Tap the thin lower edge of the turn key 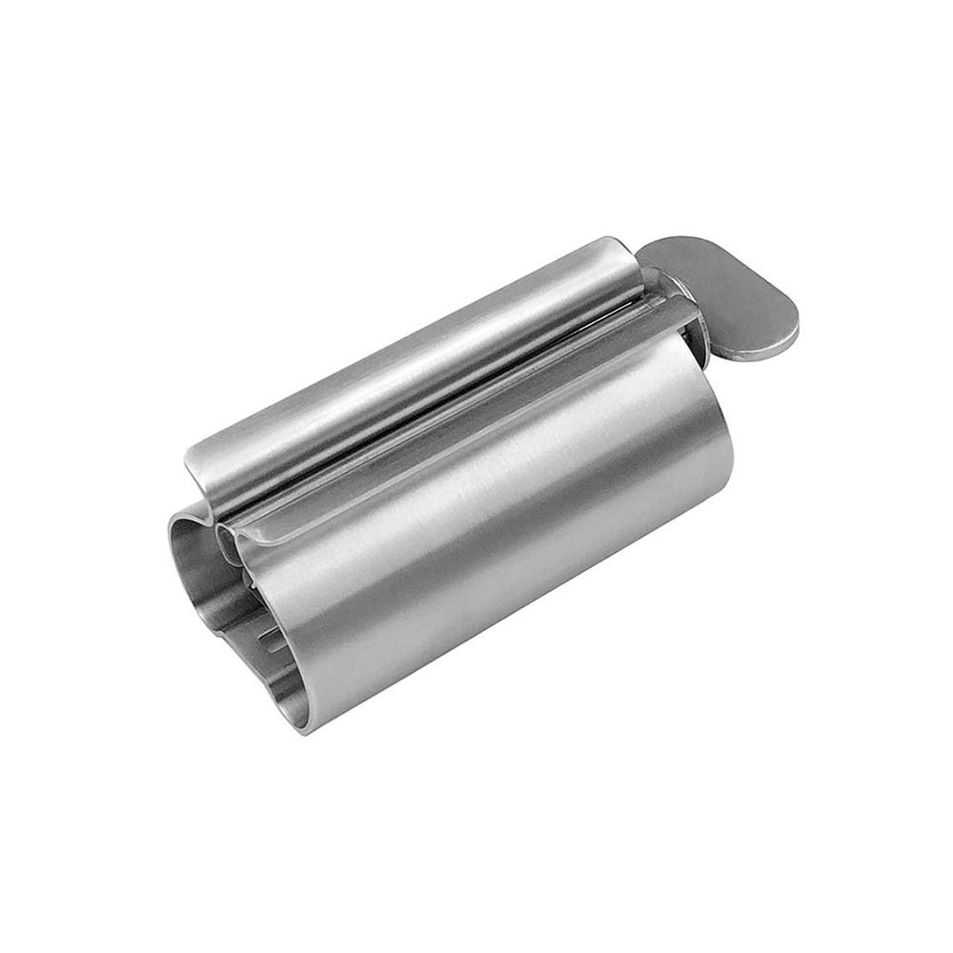click(762, 350)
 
